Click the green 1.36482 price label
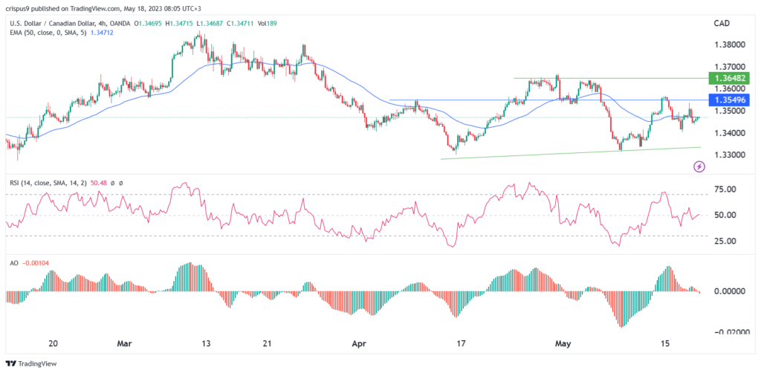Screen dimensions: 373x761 point(732,77)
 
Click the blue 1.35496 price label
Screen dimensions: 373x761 point(732,100)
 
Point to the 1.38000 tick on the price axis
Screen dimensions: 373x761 point(731,45)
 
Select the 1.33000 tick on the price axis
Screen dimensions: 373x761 point(731,155)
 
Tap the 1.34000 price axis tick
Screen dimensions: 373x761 point(731,133)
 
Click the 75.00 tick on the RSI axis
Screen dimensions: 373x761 point(726,189)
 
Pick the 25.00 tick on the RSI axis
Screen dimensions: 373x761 point(726,241)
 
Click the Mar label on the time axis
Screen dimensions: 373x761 point(126,344)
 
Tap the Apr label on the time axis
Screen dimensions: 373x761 point(359,344)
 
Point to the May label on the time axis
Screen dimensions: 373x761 point(566,344)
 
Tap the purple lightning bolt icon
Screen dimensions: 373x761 point(699,167)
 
